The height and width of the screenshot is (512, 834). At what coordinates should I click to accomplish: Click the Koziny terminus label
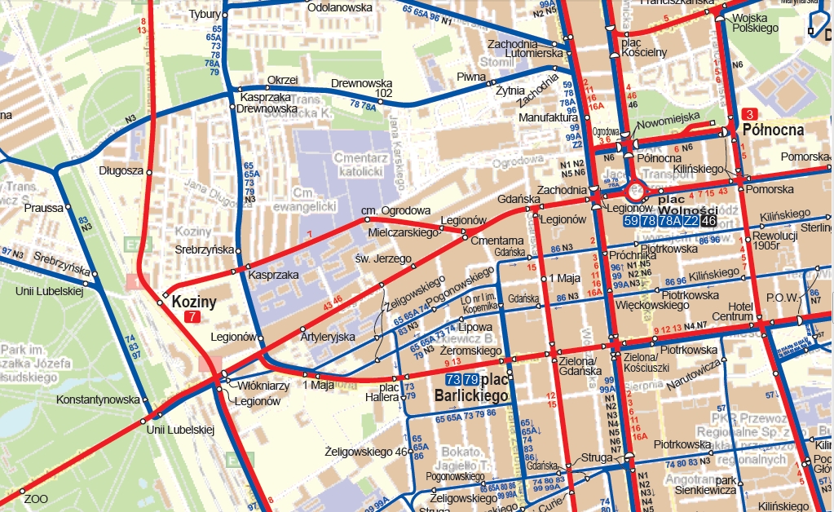(x=194, y=302)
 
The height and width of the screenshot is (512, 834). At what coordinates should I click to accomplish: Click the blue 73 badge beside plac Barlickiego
(x=453, y=380)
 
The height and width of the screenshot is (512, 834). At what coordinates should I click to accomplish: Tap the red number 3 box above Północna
(x=751, y=114)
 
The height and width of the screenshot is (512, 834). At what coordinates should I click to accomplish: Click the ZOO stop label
(x=36, y=498)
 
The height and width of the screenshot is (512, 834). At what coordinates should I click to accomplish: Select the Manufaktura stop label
(x=548, y=117)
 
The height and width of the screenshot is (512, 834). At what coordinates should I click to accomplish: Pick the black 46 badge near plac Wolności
(x=708, y=220)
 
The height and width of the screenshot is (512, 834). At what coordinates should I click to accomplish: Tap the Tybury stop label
(x=205, y=15)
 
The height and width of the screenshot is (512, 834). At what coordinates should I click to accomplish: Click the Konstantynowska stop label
(x=98, y=400)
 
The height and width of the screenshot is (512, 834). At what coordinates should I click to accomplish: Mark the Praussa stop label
(x=43, y=208)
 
